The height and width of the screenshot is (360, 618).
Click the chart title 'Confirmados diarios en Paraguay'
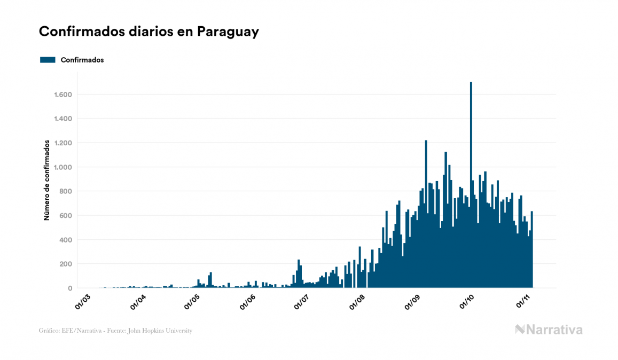tap(149, 32)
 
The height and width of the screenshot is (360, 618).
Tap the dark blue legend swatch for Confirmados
tap(48, 60)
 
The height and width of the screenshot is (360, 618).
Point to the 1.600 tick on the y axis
tap(63, 95)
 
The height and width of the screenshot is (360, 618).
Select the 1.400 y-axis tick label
tap(63, 119)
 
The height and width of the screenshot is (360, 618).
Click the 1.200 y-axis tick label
tap(63, 143)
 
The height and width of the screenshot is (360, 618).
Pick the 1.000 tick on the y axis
tap(63, 167)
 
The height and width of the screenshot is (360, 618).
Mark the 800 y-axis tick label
tap(66, 191)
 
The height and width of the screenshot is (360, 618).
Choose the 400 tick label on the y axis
tap(66, 240)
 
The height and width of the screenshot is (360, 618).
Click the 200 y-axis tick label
tap(66, 264)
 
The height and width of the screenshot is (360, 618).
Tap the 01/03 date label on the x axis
tap(83, 301)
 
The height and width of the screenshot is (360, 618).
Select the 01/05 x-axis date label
tap(192, 301)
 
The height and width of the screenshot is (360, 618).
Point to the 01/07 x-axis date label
tap(302, 301)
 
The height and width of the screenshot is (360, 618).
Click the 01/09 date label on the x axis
tap(413, 301)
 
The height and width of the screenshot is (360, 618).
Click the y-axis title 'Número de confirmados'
tap(47, 181)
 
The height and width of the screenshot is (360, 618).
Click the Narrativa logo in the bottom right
tap(549, 330)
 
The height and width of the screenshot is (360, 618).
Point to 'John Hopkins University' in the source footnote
tap(165, 331)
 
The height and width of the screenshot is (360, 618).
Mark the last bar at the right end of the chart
tap(532, 251)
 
